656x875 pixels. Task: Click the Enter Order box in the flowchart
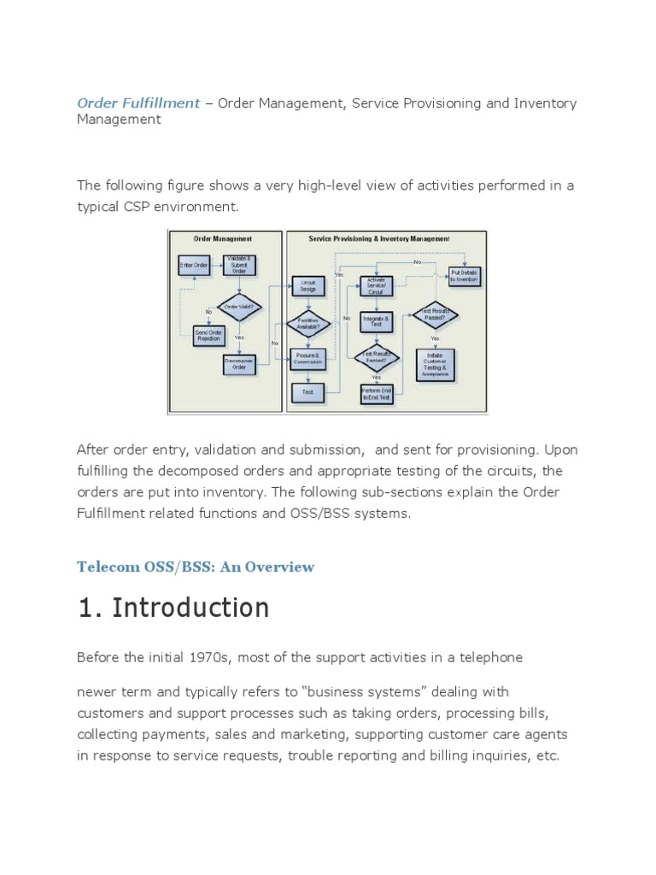coord(193,266)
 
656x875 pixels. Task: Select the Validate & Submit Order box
coord(239,266)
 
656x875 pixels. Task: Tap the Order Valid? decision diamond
coord(239,306)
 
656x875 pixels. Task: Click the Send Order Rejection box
coord(208,336)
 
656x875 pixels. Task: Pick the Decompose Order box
coord(239,365)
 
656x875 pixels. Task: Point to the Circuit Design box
coord(307,285)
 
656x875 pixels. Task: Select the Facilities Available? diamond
coord(307,323)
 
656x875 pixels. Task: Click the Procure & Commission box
coord(307,358)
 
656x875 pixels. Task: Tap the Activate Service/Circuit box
coord(377,285)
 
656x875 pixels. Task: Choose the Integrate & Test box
coord(377,321)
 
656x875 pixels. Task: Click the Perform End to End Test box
coord(377,394)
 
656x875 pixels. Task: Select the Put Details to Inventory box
coord(465,275)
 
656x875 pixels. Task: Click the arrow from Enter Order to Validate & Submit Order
coord(215,266)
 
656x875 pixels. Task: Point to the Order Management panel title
coord(224,239)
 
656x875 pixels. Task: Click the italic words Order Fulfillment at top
coord(138,103)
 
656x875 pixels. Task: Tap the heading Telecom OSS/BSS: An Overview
coord(196,567)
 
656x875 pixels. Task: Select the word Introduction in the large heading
coord(191,608)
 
